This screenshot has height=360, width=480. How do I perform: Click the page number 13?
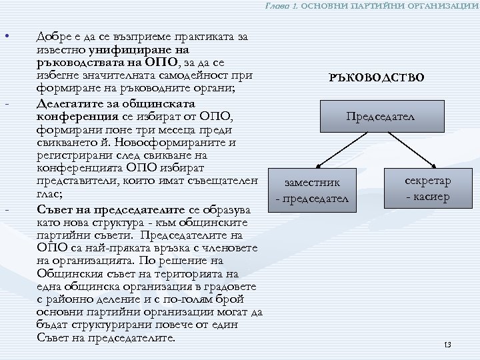[447, 345]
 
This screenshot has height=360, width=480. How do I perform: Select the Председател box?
[380, 117]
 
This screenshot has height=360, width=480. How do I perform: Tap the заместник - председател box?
[311, 191]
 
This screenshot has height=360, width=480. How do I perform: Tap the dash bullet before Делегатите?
[7, 105]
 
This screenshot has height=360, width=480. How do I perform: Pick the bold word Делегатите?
[69, 105]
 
